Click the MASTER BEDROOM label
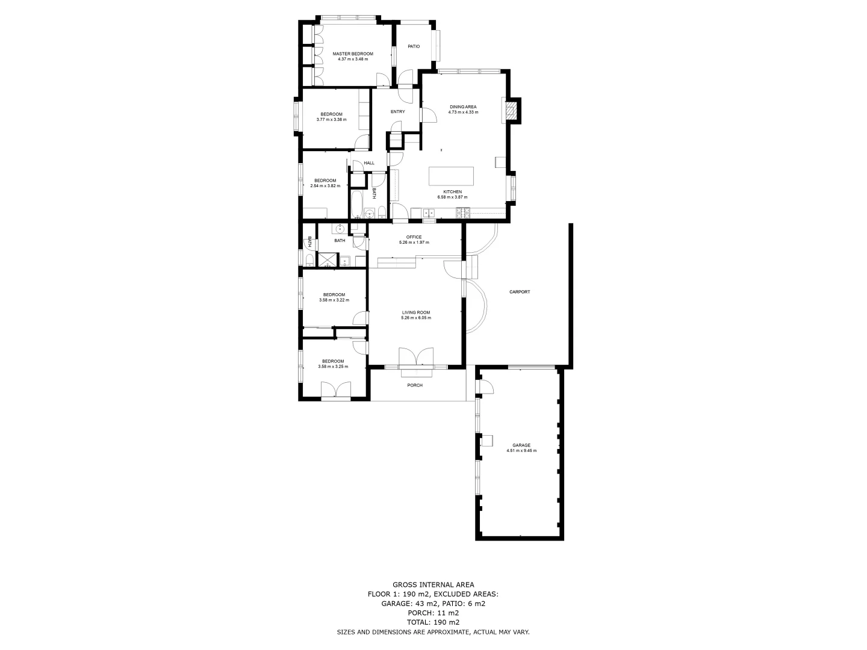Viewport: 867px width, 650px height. pyautogui.click(x=353, y=54)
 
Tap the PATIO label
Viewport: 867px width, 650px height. pyautogui.click(x=414, y=46)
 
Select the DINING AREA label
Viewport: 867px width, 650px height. pyautogui.click(x=463, y=107)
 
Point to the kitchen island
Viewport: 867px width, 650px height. pyautogui.click(x=451, y=176)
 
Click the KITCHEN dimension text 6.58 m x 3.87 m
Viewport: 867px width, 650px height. pyautogui.click(x=452, y=197)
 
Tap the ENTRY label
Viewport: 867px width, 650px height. pyautogui.click(x=397, y=111)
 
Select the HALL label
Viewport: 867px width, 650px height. pyautogui.click(x=369, y=162)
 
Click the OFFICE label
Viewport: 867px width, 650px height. pyautogui.click(x=414, y=237)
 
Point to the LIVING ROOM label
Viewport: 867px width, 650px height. pyautogui.click(x=416, y=312)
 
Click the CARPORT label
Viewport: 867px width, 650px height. pyautogui.click(x=520, y=292)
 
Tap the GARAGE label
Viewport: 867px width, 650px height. pyautogui.click(x=521, y=445)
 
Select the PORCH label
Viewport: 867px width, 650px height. pyautogui.click(x=415, y=385)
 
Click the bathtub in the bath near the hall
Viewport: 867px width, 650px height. pyautogui.click(x=356, y=205)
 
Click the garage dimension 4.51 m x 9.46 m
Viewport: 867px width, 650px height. pyautogui.click(x=521, y=451)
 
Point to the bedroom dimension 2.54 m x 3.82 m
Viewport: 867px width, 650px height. pyautogui.click(x=325, y=186)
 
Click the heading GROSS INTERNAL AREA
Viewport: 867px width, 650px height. pyautogui.click(x=433, y=584)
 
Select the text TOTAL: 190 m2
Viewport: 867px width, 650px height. pyautogui.click(x=433, y=622)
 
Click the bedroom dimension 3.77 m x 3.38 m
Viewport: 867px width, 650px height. pyautogui.click(x=331, y=120)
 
